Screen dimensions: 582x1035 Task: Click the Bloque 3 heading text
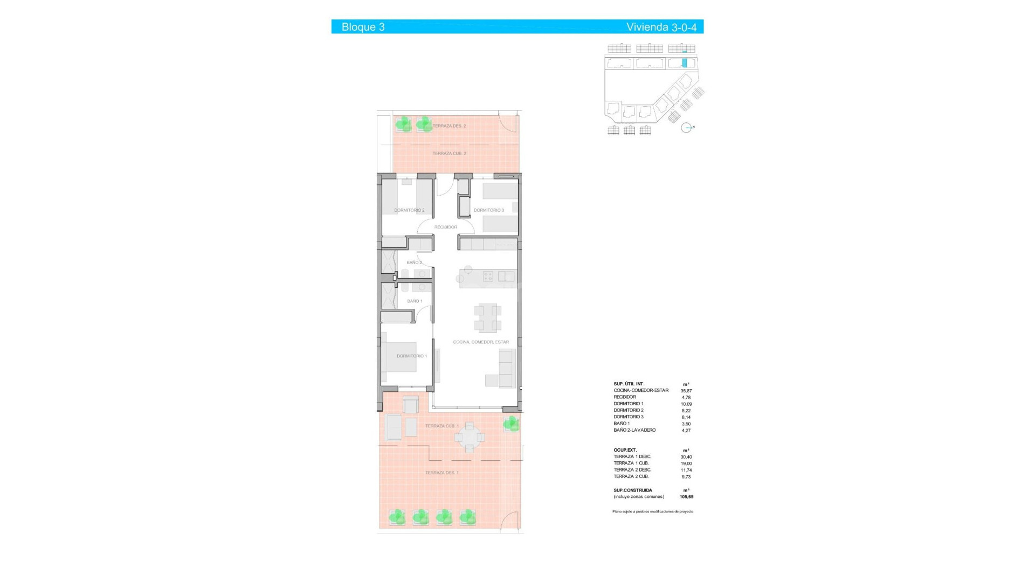coord(363,27)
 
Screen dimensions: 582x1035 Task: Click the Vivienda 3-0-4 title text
coord(661,27)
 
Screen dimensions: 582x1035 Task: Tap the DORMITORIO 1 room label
coord(412,356)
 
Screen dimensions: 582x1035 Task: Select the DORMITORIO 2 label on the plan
coord(409,210)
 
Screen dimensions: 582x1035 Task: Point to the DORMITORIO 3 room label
coord(488,210)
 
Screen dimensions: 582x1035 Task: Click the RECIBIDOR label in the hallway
coord(446,227)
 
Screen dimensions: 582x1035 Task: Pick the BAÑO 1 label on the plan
coord(415,301)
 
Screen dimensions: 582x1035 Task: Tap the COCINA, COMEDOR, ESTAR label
coord(481,342)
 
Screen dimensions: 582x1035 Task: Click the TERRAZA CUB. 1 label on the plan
coord(442,426)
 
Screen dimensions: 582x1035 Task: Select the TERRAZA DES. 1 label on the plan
coord(442,473)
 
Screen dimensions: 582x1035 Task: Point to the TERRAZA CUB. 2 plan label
coord(449,154)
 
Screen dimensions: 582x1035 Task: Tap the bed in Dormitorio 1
coord(401,357)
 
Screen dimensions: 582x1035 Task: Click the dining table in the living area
coord(488,317)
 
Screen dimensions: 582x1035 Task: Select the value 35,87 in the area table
coord(686,391)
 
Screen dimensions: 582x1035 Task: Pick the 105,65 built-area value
coord(686,497)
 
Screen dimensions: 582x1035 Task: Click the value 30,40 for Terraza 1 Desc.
coord(686,457)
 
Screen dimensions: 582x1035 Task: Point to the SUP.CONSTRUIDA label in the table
coord(632,490)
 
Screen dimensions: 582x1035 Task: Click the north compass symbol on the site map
coord(686,128)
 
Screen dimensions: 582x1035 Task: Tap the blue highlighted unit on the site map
coord(685,63)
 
